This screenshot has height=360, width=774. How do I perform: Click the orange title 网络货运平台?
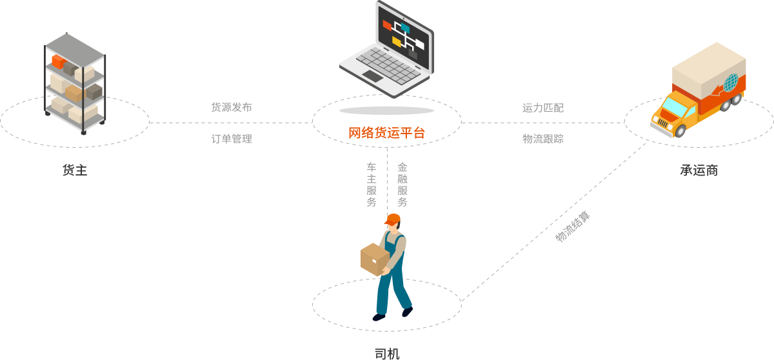[x=386, y=134]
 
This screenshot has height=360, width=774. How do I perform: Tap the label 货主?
[x=74, y=170]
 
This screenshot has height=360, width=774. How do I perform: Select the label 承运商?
[x=699, y=170]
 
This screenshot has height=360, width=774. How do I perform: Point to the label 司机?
[x=387, y=353]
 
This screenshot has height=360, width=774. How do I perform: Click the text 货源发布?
[x=232, y=108]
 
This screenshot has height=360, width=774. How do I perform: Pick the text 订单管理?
[x=232, y=139]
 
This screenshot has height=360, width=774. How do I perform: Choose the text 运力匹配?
[x=542, y=108]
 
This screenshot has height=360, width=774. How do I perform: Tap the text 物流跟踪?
[x=542, y=139]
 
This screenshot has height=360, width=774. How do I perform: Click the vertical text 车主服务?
[x=372, y=185]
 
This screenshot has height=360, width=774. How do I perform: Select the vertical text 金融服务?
[x=402, y=185]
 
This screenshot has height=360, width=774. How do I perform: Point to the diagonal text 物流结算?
[x=572, y=226]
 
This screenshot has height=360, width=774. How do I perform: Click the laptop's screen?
[x=404, y=35]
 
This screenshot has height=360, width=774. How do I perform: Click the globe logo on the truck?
[x=730, y=83]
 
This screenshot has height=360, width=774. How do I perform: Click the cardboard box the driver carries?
[x=373, y=258]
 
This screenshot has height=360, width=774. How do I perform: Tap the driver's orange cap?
[x=392, y=219]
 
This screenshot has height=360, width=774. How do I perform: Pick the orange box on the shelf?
[x=58, y=62]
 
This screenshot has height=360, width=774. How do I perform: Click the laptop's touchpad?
[x=372, y=76]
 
